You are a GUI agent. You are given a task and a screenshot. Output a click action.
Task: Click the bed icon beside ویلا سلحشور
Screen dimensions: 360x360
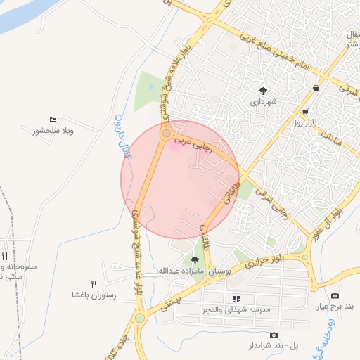53,120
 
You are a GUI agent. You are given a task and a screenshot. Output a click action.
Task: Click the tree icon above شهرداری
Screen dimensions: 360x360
263,90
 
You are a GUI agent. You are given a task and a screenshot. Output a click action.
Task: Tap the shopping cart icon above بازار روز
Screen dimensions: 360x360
305,112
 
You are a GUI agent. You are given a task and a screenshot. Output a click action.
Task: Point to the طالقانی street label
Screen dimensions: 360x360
228,189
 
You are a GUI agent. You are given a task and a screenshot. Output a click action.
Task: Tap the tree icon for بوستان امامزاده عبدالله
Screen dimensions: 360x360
195,260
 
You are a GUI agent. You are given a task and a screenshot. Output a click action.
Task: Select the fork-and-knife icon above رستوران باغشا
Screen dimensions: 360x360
94,284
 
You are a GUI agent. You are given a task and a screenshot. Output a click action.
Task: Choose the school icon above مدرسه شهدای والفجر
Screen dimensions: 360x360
236,299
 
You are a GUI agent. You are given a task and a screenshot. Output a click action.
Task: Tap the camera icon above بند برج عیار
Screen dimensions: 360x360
334,296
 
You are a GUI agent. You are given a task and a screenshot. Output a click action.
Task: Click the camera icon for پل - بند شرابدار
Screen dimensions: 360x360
274,335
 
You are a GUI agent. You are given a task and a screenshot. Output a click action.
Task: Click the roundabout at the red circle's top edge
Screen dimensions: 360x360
167,133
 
